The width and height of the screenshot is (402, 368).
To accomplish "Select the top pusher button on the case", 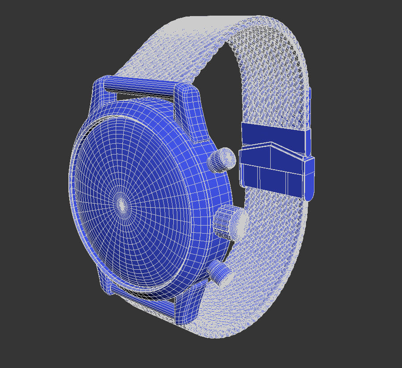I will pos(222,159).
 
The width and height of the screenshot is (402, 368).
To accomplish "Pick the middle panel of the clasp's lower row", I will pos(272,179).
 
